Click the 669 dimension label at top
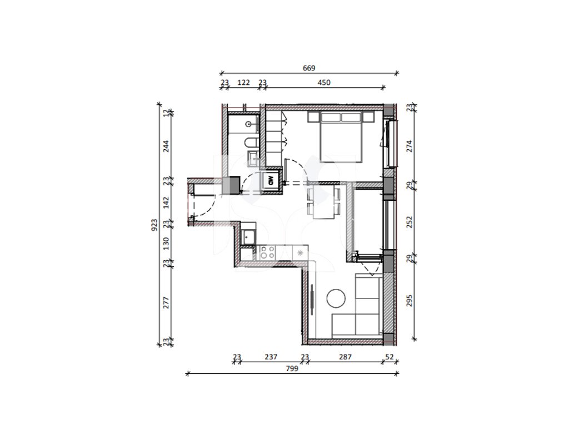[309, 68]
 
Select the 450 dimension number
[324, 83]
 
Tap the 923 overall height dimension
[154, 225]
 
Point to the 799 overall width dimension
[292, 368]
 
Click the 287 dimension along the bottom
[345, 357]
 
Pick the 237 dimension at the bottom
[271, 357]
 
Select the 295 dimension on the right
[410, 300]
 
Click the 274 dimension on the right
[410, 146]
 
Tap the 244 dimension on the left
[166, 146]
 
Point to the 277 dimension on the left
[166, 302]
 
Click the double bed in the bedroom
[341, 137]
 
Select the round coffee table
[336, 298]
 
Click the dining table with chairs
[324, 202]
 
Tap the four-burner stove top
[267, 252]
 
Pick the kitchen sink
[248, 237]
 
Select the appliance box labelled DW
[271, 180]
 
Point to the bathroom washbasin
[249, 124]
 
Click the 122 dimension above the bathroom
[243, 83]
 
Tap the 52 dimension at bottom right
[390, 357]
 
